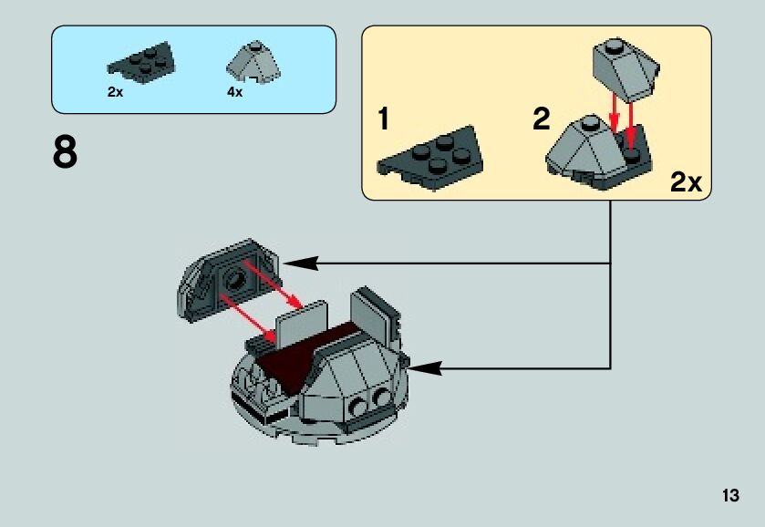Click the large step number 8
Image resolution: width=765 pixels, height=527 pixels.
[65, 153]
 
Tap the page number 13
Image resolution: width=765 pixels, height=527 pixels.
[729, 496]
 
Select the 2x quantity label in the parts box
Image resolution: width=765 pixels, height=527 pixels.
[115, 92]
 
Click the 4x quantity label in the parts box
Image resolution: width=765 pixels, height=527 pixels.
[235, 92]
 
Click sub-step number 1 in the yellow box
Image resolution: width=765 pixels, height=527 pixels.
[384, 119]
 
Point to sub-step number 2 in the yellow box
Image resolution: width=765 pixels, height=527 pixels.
[542, 119]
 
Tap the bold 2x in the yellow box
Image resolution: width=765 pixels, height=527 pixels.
[686, 181]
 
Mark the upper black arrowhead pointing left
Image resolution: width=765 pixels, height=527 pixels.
[300, 263]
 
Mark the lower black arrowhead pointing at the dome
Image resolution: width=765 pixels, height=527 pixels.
[426, 368]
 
